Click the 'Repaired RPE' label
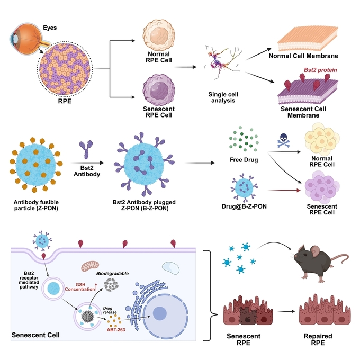318,339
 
